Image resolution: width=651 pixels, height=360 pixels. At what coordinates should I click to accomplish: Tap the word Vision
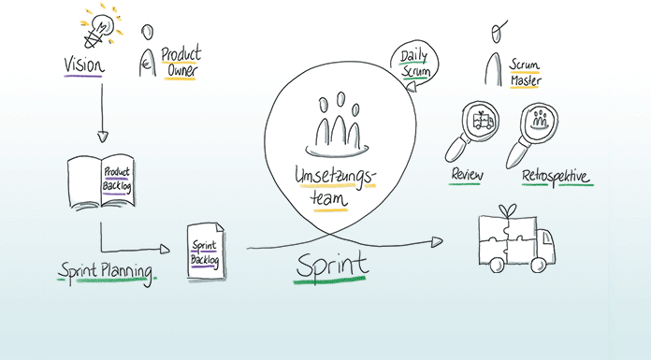coord(85,65)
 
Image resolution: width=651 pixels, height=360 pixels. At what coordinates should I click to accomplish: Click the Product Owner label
coord(179,62)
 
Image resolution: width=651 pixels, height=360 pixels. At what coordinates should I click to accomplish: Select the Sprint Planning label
coord(105,272)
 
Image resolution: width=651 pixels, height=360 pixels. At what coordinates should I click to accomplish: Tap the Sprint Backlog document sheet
coord(205,250)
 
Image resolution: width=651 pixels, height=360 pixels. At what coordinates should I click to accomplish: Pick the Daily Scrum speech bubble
coord(413,63)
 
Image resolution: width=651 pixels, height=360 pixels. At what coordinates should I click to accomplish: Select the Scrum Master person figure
coord(492,56)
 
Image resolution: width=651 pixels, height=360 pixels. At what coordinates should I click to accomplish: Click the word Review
coord(466,175)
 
